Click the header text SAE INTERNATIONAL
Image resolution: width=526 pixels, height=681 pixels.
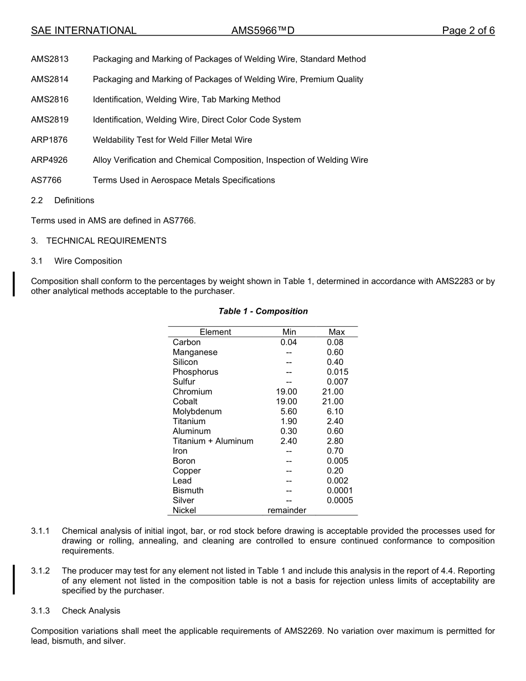click(x=84, y=30)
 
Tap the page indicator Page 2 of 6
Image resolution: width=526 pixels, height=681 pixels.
click(x=468, y=30)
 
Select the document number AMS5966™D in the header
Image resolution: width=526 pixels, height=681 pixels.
click(x=262, y=30)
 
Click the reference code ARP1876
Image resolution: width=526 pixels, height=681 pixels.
click(x=49, y=140)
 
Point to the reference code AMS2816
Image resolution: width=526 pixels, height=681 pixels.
click(x=50, y=100)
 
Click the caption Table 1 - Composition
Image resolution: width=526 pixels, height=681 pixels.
click(x=263, y=311)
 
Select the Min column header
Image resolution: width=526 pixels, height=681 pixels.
click(x=289, y=332)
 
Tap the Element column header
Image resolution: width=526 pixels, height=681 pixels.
click(x=215, y=332)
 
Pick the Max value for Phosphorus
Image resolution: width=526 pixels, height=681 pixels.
click(x=337, y=372)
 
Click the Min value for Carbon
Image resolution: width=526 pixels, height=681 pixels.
click(x=288, y=342)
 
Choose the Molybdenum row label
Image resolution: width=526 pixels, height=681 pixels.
click(x=197, y=411)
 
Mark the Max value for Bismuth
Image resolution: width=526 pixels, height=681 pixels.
click(x=339, y=491)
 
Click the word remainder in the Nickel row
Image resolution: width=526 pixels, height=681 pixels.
click(x=287, y=510)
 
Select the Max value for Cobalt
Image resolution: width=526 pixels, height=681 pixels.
click(x=333, y=401)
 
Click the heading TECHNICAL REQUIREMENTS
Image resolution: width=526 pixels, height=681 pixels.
click(x=106, y=241)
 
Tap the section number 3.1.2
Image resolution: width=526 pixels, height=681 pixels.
click(x=40, y=571)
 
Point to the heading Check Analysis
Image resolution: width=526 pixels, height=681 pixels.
click(x=91, y=611)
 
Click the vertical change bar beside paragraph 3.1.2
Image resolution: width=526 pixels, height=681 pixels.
click(x=14, y=579)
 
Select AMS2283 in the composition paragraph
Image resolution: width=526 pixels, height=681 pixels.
click(x=454, y=281)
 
